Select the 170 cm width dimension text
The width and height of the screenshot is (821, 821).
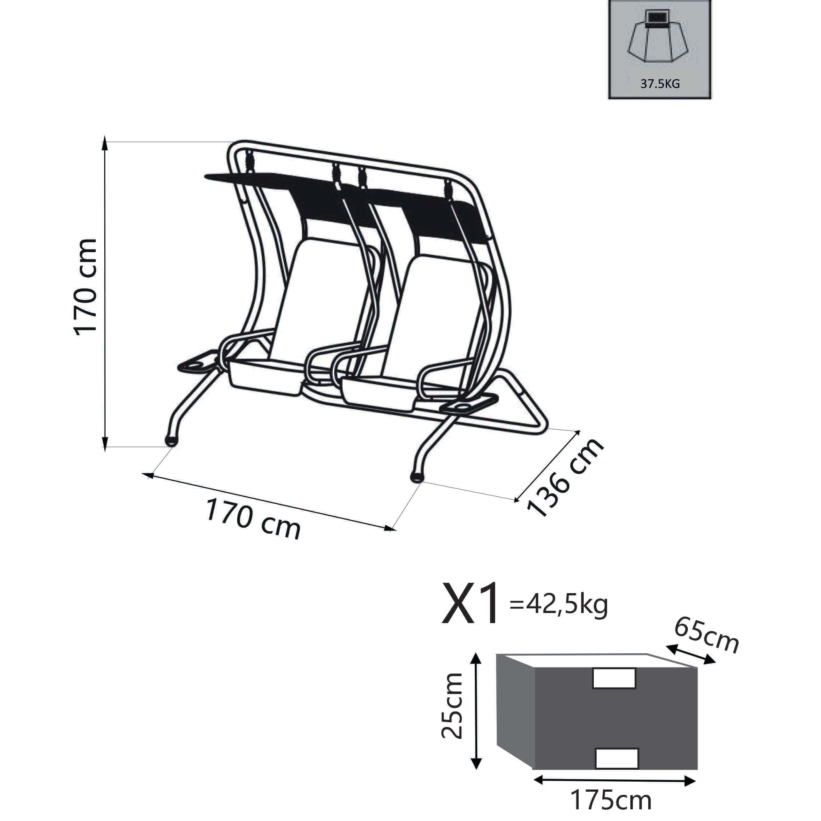click(253, 519)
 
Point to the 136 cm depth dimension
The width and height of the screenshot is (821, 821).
click(565, 477)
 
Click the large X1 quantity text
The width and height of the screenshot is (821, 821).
click(471, 604)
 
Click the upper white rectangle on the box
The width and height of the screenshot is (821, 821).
click(614, 678)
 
